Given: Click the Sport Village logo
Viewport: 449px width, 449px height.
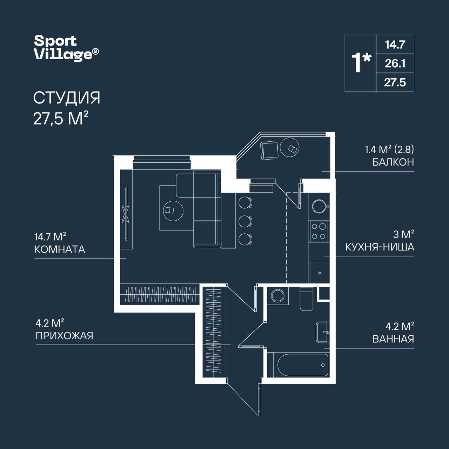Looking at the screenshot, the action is point(66,48).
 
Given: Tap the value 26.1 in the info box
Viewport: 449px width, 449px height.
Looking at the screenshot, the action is point(395,63).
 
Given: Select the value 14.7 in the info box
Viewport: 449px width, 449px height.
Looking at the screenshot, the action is point(395,45).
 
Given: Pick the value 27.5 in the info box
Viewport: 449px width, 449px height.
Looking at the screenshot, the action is point(395,82).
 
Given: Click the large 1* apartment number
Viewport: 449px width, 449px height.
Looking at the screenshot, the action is point(361,63).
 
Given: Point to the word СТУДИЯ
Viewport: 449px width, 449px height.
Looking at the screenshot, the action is point(67,98).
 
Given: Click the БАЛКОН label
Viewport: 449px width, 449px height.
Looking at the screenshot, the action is point(393,162).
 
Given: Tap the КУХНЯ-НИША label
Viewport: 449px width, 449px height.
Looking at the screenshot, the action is point(380,247).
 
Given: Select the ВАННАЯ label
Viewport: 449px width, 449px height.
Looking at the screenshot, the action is point(393,339).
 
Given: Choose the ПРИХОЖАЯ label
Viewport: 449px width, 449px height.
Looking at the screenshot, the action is point(64,336).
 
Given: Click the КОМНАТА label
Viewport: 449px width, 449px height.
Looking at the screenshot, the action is point(60,249).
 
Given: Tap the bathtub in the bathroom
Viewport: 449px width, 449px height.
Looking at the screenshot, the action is point(303,365).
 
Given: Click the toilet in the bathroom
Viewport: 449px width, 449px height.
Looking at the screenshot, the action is point(306,299).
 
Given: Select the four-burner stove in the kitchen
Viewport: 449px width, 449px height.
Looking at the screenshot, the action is point(319,232).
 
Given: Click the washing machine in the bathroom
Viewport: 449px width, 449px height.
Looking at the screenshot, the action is point(278,296).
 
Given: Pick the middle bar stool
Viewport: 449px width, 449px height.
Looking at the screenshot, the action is point(245,221).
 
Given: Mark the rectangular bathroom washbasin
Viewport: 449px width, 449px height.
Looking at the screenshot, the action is point(323,332).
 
